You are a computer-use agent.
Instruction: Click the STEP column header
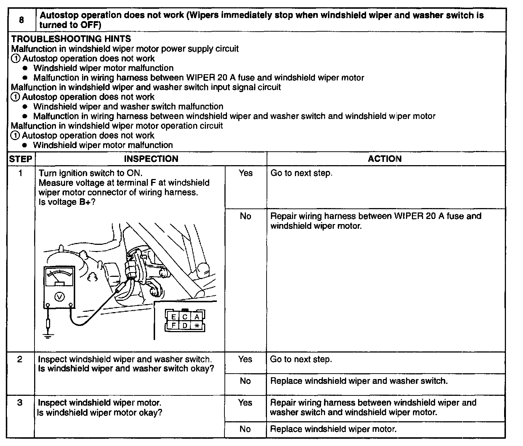tap(20, 159)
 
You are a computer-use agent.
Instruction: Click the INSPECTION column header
tap(151, 159)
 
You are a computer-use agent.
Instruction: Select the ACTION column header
tap(385, 159)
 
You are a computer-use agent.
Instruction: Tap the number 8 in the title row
tap(21, 20)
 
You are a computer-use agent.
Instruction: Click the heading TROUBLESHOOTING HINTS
tap(71, 39)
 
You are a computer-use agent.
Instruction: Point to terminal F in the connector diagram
tap(174, 325)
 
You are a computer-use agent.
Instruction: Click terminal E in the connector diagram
tap(174, 317)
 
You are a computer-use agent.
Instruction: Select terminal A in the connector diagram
tap(196, 317)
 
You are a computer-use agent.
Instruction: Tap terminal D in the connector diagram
tap(185, 325)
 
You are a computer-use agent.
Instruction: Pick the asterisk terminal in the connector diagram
tap(196, 326)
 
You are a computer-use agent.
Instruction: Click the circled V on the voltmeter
tap(59, 297)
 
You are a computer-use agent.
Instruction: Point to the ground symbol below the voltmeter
tap(48, 334)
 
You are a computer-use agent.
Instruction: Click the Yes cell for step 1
tap(246, 173)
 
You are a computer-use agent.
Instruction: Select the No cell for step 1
tap(246, 216)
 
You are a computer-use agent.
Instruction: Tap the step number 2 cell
tap(20, 359)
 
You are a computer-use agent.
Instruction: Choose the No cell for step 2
tap(245, 381)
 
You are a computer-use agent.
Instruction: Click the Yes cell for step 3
tap(245, 403)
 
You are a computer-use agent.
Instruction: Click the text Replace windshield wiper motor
tap(333, 429)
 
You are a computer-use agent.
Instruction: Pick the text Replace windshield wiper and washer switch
tap(359, 381)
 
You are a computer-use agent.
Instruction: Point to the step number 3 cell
tap(20, 403)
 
